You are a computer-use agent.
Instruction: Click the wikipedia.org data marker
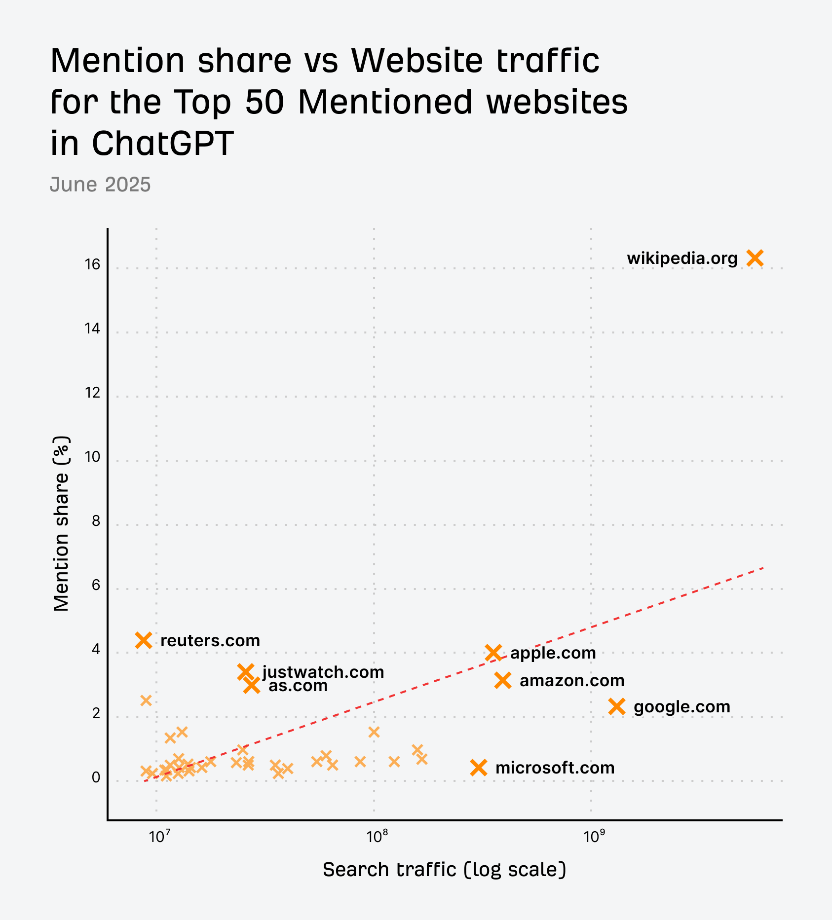click(755, 258)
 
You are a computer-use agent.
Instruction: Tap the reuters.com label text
click(210, 641)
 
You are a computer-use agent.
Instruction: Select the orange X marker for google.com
click(617, 706)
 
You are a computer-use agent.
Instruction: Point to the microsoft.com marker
click(479, 768)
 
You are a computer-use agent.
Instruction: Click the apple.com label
click(553, 653)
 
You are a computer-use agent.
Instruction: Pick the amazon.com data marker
click(502, 680)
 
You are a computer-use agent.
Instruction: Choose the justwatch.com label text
click(323, 672)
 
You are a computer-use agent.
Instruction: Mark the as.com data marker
click(252, 685)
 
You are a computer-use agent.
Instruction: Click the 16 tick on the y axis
click(92, 265)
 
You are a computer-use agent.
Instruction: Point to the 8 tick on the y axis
click(96, 521)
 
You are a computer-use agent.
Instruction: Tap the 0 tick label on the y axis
click(96, 778)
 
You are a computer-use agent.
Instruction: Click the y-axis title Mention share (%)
click(61, 523)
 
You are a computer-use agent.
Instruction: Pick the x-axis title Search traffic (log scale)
click(444, 870)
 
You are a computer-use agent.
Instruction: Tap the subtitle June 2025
click(100, 184)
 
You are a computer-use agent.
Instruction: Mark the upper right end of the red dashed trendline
click(763, 568)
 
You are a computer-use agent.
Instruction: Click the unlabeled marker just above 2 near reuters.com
click(146, 700)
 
